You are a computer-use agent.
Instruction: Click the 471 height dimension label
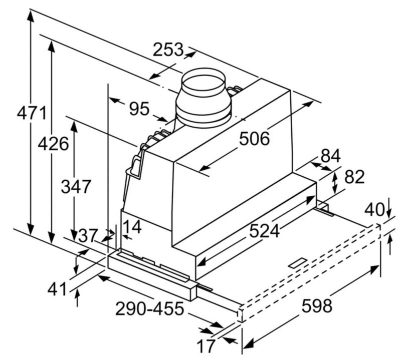point(32,113)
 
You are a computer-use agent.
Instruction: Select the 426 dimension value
point(53,144)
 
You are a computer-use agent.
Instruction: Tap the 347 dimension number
point(76,187)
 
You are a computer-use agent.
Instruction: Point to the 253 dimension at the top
point(168,49)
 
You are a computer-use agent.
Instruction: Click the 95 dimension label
point(139,109)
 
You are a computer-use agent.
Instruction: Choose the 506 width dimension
point(255,139)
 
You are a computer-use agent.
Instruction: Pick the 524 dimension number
point(265,231)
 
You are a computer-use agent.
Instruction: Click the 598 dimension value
point(317,306)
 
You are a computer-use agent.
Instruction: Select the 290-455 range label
point(149,308)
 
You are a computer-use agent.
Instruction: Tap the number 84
point(331,156)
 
